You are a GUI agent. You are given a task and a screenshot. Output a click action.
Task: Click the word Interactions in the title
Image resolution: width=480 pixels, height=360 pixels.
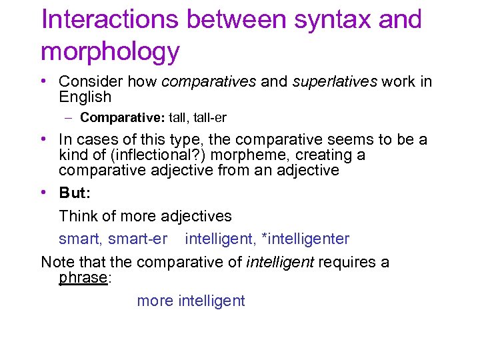[110, 20]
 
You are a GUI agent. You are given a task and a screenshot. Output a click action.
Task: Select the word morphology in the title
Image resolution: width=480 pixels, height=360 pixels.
[110, 51]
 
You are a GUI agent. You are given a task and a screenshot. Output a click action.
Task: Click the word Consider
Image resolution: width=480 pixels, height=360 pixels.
[85, 81]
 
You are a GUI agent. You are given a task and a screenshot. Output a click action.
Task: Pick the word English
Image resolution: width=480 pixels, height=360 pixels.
[85, 97]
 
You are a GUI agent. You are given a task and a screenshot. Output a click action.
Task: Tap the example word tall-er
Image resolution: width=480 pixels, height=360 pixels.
[209, 118]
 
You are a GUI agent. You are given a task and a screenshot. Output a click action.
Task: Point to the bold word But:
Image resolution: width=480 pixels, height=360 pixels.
[74, 193]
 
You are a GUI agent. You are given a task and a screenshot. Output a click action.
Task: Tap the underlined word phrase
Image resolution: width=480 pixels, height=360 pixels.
[83, 277]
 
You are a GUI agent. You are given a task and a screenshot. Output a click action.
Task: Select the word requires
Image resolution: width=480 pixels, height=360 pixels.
[347, 262]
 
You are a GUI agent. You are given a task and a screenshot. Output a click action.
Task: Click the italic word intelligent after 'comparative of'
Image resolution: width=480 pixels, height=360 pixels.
[280, 262]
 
